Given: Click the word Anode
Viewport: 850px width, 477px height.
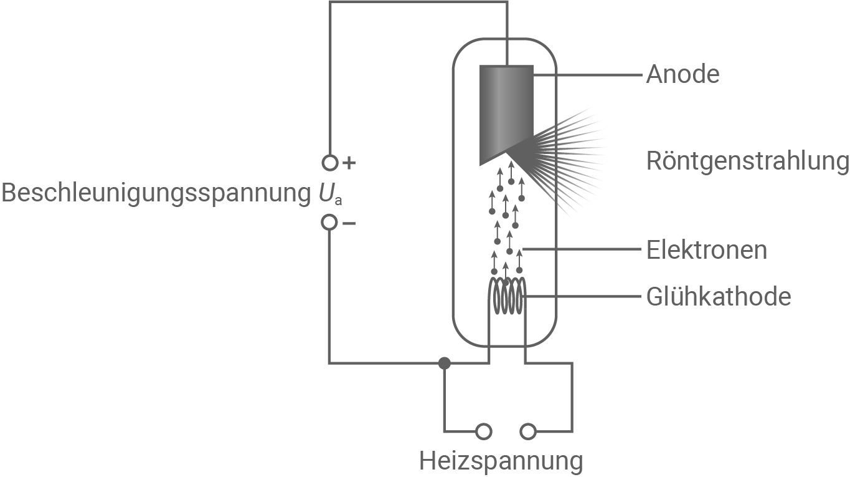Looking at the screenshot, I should (682, 74).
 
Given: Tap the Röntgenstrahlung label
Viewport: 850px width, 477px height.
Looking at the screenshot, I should (747, 161).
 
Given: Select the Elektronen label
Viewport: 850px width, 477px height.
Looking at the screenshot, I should (706, 250).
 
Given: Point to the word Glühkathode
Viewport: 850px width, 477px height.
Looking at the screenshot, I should (719, 296).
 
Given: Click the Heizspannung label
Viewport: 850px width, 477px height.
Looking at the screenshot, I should (501, 461).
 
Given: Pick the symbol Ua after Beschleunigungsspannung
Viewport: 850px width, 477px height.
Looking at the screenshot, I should (328, 195).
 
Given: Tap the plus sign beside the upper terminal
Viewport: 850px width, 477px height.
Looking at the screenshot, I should (349, 163).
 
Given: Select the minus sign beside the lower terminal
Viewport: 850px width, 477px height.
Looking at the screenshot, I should (349, 223).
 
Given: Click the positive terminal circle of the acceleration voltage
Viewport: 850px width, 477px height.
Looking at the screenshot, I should (329, 163).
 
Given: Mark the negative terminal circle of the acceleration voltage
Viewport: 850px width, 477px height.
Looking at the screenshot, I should (329, 223).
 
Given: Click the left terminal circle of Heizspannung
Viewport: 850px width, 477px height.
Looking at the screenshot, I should (483, 431).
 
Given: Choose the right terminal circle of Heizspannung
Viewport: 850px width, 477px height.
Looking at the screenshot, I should (527, 431).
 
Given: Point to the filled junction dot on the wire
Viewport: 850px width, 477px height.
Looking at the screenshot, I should (444, 363).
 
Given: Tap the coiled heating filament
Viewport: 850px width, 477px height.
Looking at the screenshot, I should (508, 297).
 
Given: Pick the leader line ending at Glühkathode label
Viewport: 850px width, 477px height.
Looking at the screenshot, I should (582, 296).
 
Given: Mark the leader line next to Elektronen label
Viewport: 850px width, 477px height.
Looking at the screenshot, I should (582, 250).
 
